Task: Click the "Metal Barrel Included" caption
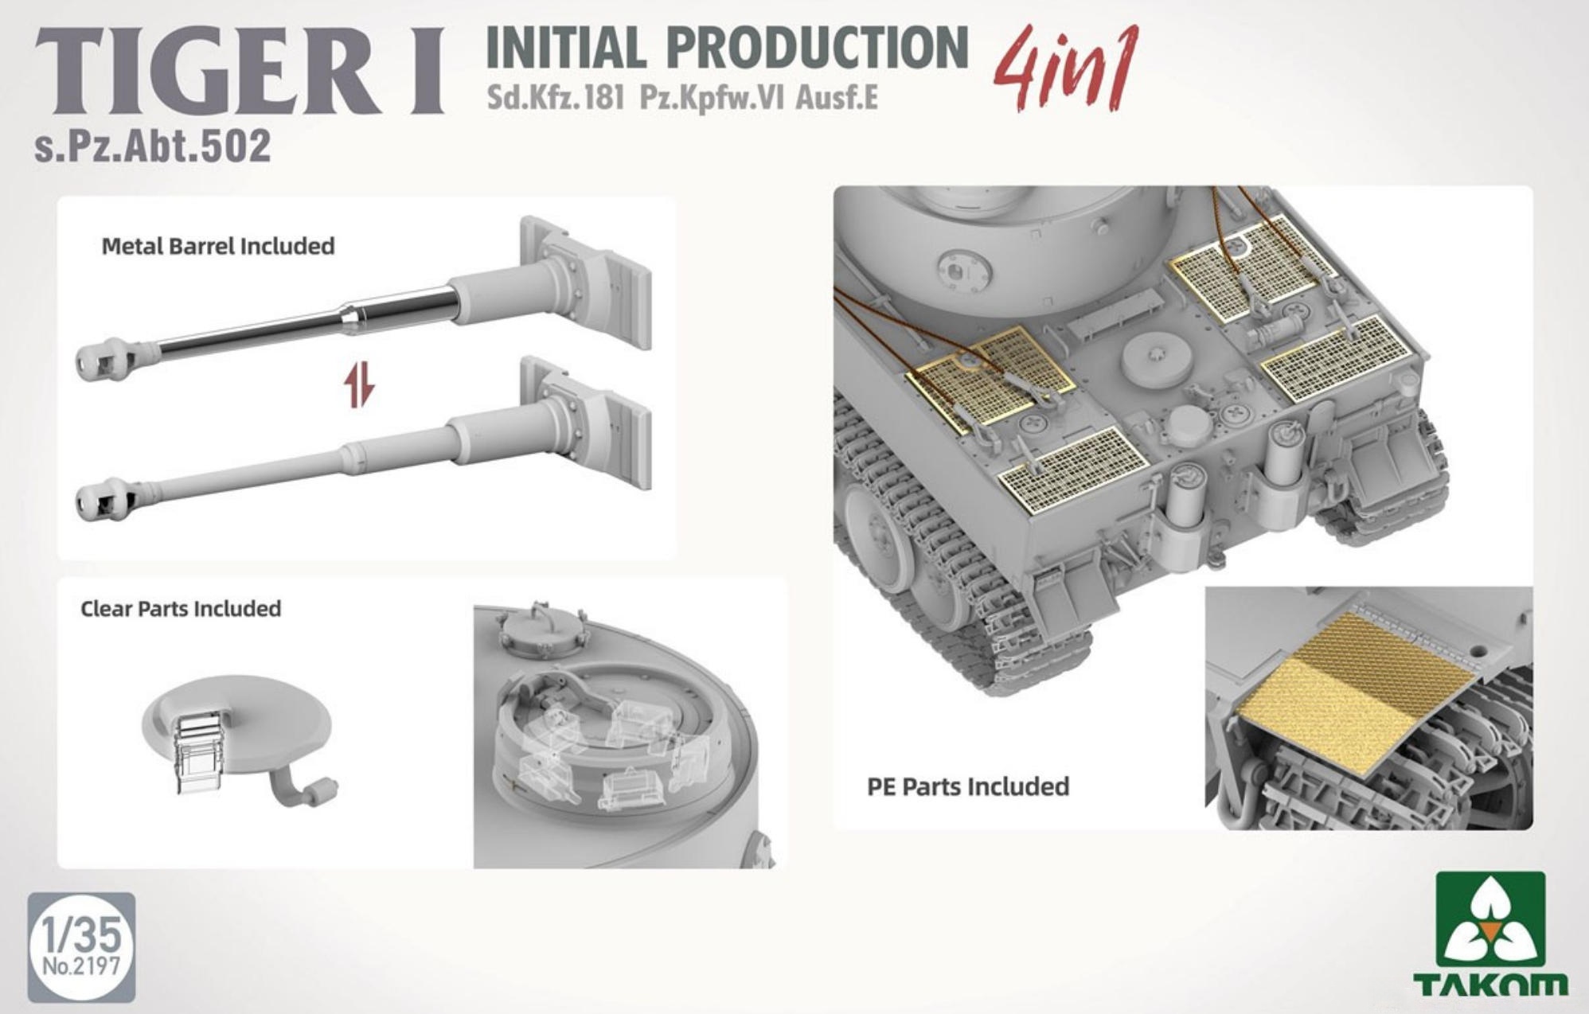coord(218,246)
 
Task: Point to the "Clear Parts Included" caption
coord(181,609)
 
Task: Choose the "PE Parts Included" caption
coord(968,786)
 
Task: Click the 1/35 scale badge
coord(81,946)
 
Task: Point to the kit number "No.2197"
coord(81,966)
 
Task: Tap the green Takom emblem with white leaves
coord(1491,918)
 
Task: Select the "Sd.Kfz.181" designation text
coord(556,97)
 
